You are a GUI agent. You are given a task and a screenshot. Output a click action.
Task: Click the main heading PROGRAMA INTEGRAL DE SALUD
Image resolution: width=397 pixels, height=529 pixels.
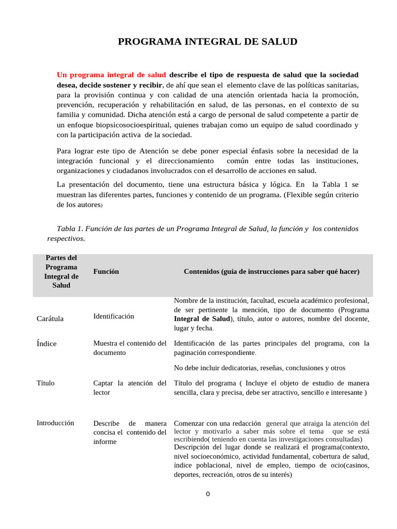click(207, 42)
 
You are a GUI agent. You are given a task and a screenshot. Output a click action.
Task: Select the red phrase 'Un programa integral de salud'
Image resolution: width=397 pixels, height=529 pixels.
click(111, 74)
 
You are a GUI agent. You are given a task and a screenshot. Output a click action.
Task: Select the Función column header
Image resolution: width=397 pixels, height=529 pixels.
click(106, 271)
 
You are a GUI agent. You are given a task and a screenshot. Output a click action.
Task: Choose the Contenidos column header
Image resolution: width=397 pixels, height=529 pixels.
click(271, 271)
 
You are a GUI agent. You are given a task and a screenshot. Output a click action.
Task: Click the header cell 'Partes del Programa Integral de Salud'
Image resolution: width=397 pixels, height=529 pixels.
click(61, 271)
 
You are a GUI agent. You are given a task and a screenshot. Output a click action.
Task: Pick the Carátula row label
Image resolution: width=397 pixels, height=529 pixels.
click(50, 319)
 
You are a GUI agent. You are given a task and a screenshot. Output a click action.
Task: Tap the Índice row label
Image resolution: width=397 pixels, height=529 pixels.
click(47, 344)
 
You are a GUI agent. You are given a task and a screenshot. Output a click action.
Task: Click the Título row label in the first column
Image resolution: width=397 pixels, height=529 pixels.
click(45, 383)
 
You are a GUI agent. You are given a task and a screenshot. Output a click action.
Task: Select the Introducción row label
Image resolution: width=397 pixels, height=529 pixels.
click(55, 423)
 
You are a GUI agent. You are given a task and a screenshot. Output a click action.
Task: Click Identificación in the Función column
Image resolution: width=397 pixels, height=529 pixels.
click(113, 316)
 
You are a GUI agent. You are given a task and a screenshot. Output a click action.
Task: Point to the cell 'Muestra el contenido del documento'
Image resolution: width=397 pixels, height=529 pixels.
click(130, 348)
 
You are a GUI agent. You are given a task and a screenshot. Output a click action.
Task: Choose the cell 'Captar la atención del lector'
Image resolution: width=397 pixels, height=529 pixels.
click(130, 387)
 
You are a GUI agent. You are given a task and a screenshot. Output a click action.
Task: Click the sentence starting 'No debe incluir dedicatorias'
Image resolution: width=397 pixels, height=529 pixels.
click(259, 368)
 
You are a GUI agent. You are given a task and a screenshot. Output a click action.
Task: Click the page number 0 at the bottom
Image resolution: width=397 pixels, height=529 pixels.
click(207, 494)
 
